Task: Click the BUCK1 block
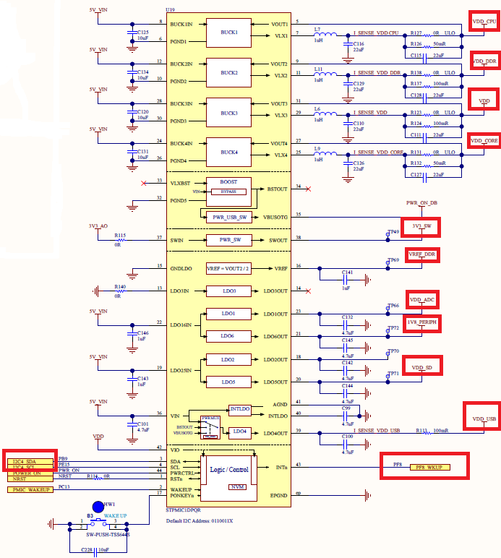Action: (229, 33)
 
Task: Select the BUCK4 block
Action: (229, 152)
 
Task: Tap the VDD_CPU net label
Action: (484, 22)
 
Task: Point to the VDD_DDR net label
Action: (484, 62)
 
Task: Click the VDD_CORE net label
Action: (484, 141)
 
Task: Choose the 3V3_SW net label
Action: (421, 226)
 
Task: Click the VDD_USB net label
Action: (484, 419)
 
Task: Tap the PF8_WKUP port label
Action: (429, 467)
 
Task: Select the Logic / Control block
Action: (229, 469)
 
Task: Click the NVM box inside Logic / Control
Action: (237, 487)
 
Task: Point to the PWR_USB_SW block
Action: (228, 217)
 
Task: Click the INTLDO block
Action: (239, 410)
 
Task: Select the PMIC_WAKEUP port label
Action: (30, 490)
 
